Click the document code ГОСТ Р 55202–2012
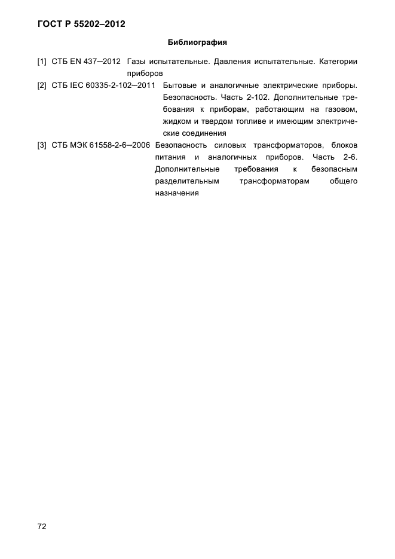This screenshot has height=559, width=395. pyautogui.click(x=81, y=25)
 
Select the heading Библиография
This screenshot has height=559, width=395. pyautogui.click(x=197, y=43)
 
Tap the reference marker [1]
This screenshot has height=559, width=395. pyautogui.click(x=42, y=62)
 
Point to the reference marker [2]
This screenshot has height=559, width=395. pyautogui.click(x=42, y=85)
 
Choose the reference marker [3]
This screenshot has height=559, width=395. pyautogui.click(x=42, y=145)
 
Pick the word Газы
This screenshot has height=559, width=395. pyautogui.click(x=137, y=62)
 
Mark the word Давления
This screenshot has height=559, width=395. pyautogui.click(x=225, y=62)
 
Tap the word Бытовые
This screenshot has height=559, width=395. pyautogui.click(x=180, y=85)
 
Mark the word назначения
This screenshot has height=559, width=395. pyautogui.click(x=176, y=193)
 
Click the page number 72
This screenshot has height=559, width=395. pyautogui.click(x=42, y=527)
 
